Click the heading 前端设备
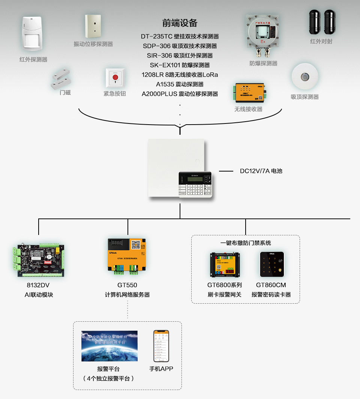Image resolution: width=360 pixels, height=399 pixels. coord(180,23)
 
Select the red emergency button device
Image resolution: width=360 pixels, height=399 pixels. coord(115,78)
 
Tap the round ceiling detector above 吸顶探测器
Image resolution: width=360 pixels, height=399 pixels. coord(305,77)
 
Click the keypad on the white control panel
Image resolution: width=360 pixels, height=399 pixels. coord(195,185)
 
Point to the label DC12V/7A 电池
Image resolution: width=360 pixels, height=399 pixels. coord(261,171)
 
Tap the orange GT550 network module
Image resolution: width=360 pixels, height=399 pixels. coord(127,255)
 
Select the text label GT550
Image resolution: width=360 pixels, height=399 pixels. coord(127,285)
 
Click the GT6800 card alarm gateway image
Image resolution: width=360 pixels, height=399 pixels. coord(225,265)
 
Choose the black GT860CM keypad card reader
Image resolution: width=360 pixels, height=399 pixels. coord(272,264)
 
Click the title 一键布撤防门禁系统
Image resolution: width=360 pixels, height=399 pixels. coord(246,243)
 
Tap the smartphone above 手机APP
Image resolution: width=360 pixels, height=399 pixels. coord(161,346)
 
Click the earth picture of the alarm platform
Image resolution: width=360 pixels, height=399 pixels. coord(109,346)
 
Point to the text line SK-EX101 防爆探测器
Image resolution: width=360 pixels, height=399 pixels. coord(180,65)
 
